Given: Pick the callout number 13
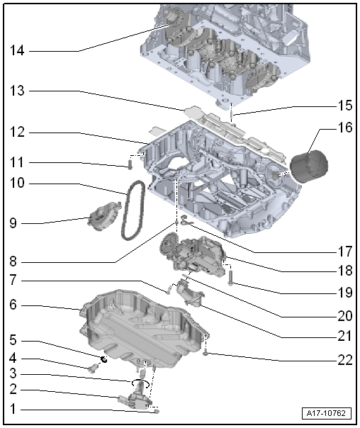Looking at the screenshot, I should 18,91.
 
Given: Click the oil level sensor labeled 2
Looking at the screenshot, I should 137,400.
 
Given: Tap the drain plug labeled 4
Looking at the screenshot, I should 94,368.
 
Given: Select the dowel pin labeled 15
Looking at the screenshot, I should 232,111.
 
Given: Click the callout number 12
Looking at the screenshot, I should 18,133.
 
